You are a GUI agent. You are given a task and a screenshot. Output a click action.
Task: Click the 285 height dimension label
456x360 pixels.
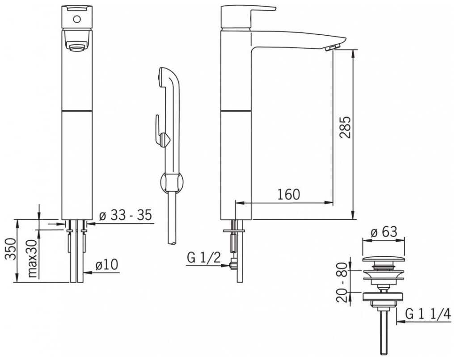coord(345,127)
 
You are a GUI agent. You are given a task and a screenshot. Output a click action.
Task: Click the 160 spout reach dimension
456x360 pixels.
coord(288,194)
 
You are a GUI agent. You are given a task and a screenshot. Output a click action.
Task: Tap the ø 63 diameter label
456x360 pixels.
coord(384,232)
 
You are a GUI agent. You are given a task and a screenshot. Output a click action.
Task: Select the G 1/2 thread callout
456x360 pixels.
coord(204,258)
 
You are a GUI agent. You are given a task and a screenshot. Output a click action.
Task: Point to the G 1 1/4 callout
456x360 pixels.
coord(428,314)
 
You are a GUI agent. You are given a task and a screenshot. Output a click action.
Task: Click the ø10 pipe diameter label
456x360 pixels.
coord(107,265)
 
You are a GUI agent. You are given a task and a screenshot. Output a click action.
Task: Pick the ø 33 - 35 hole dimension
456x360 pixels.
coord(126,216)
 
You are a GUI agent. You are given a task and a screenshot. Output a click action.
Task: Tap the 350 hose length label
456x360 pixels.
coord(11,249)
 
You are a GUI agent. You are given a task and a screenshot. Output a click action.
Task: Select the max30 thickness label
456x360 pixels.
coord(32,259)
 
